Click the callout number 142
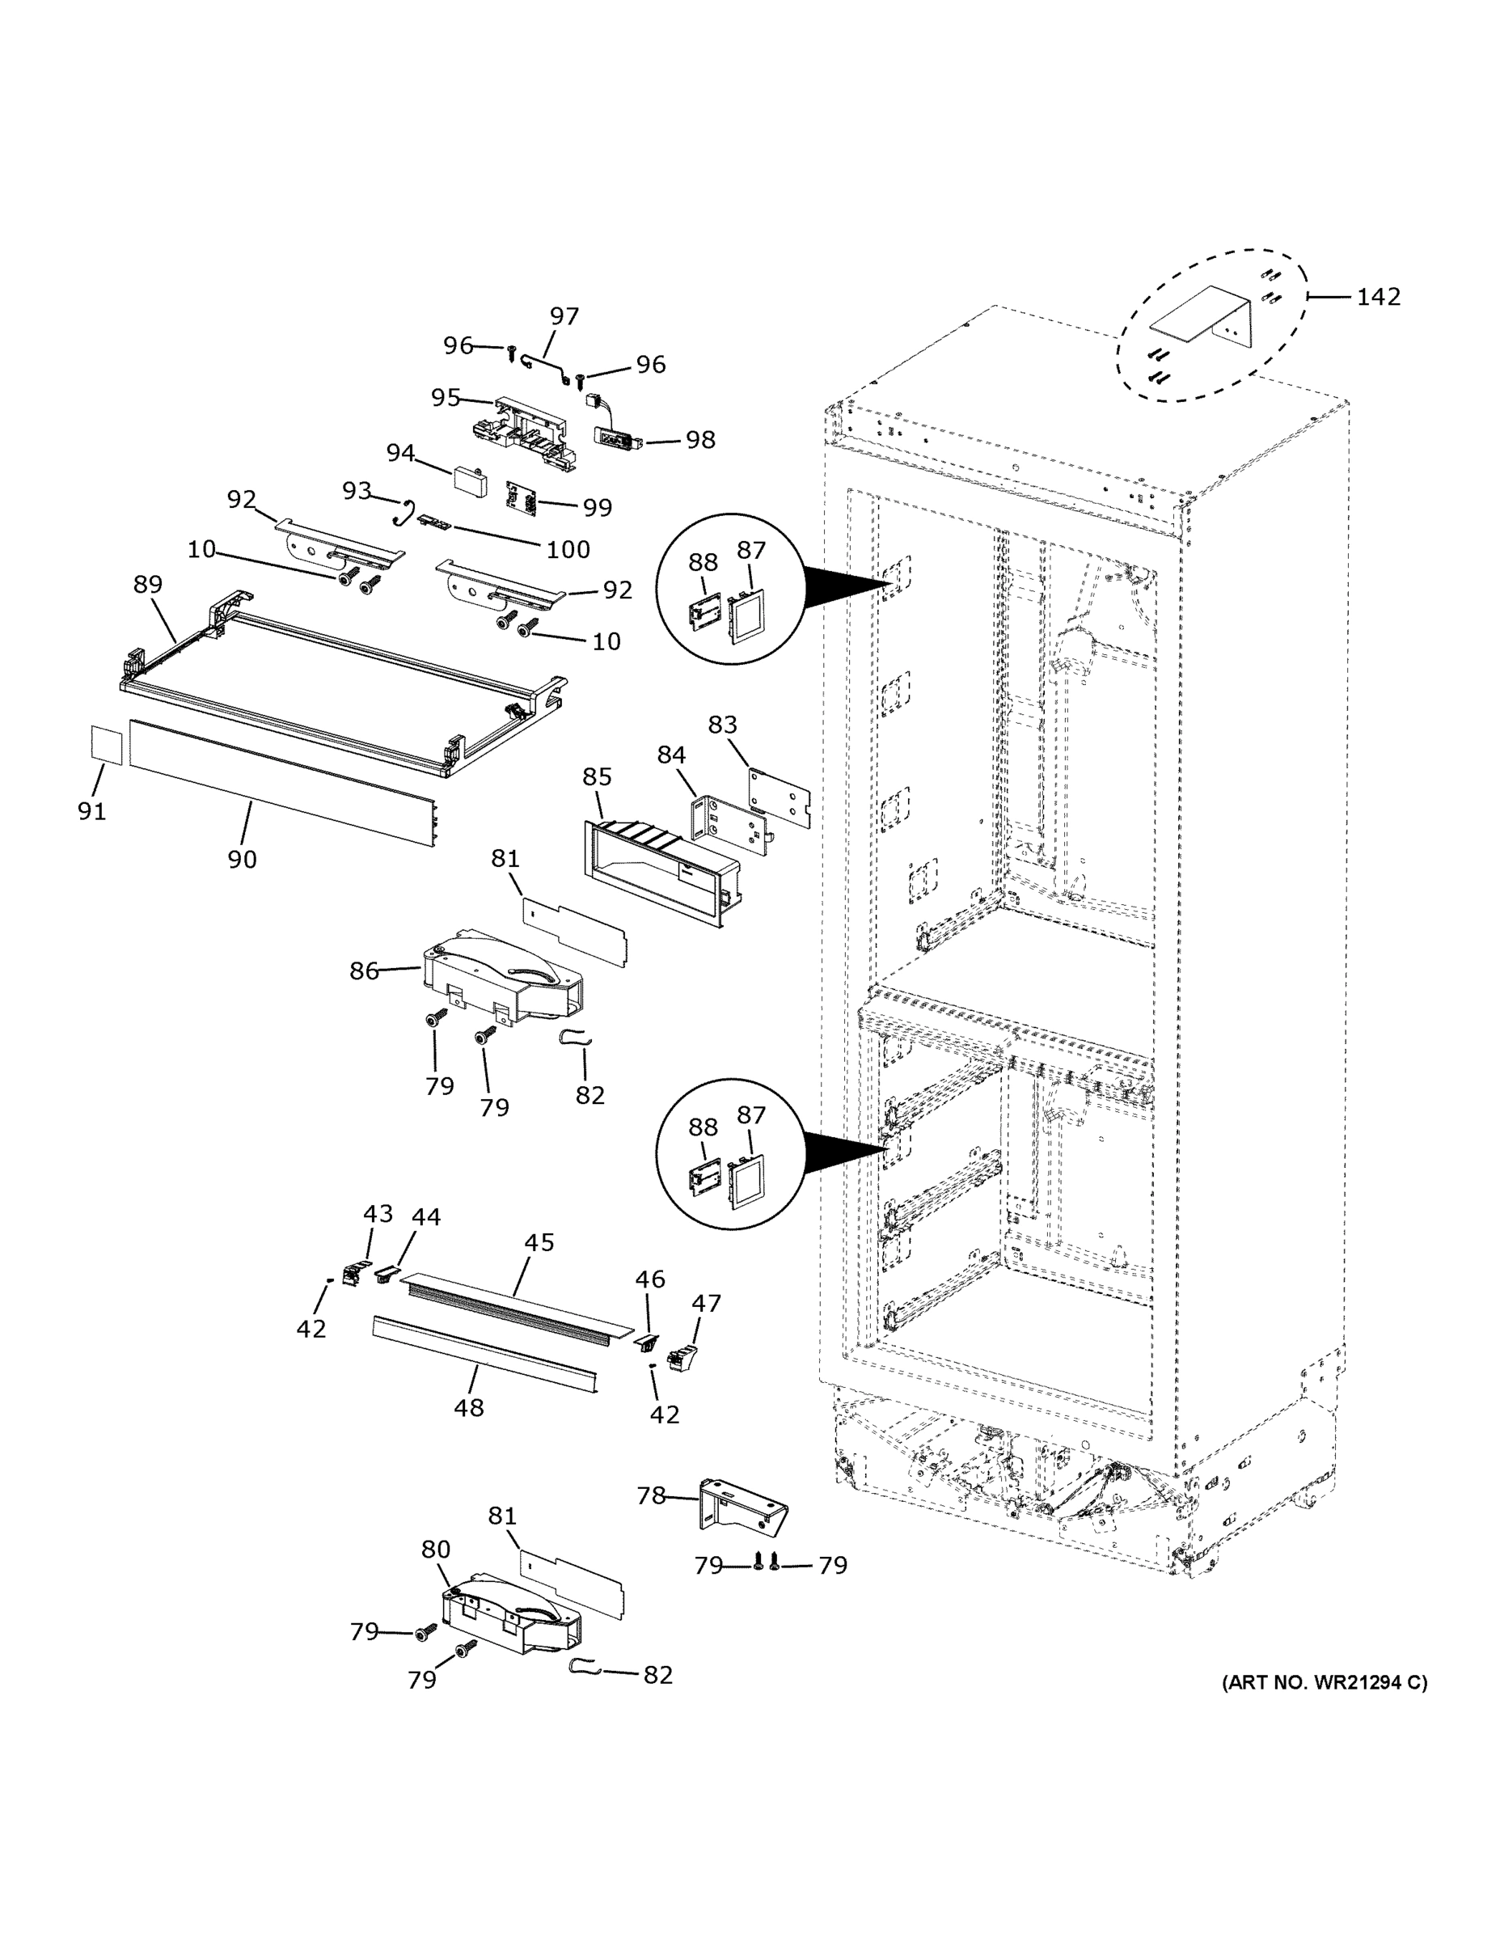[x=1377, y=297]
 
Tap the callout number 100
[x=568, y=549]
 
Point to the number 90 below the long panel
[x=242, y=860]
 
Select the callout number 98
[x=700, y=440]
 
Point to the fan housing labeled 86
[x=502, y=979]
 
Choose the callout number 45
[x=539, y=1242]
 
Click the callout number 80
[x=435, y=1549]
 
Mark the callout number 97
[x=564, y=316]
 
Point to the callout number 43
[x=378, y=1213]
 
